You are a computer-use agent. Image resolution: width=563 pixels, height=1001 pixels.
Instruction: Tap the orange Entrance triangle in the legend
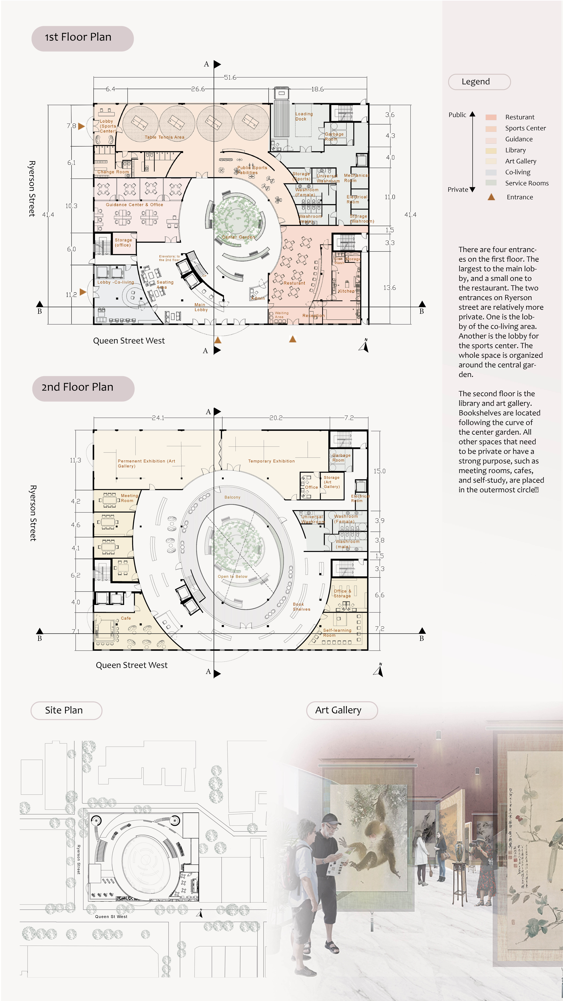click(x=491, y=197)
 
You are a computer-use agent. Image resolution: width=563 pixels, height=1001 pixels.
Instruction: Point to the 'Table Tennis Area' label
click(x=164, y=137)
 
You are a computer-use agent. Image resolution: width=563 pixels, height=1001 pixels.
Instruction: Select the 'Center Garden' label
click(x=238, y=237)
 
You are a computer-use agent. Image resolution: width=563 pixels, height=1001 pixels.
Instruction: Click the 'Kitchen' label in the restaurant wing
click(x=346, y=291)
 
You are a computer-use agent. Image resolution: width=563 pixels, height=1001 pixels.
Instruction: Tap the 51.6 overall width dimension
click(x=230, y=77)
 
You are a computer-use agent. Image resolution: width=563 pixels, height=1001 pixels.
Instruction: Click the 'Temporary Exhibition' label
click(x=271, y=461)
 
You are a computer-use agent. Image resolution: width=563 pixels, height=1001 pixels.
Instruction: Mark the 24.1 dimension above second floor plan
click(x=158, y=418)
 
